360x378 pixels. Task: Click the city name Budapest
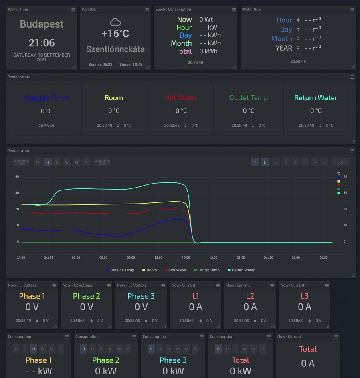tap(42, 24)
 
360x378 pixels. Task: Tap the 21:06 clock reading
tap(42, 43)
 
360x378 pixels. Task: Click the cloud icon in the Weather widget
tap(115, 22)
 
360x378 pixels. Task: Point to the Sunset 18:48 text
tap(131, 65)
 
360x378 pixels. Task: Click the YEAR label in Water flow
tap(284, 48)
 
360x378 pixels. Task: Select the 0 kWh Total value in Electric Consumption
tap(208, 51)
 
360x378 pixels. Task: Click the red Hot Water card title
tap(181, 98)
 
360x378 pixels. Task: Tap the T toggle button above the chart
tap(255, 162)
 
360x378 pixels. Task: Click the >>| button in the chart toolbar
tap(340, 162)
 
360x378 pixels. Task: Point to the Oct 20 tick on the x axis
tap(268, 257)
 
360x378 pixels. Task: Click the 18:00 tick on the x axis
tap(213, 257)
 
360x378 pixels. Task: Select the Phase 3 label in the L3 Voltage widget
tap(141, 296)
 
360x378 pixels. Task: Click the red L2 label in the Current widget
tap(250, 296)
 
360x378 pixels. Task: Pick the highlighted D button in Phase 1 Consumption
tap(34, 349)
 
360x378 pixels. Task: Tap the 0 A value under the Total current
tap(308, 364)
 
